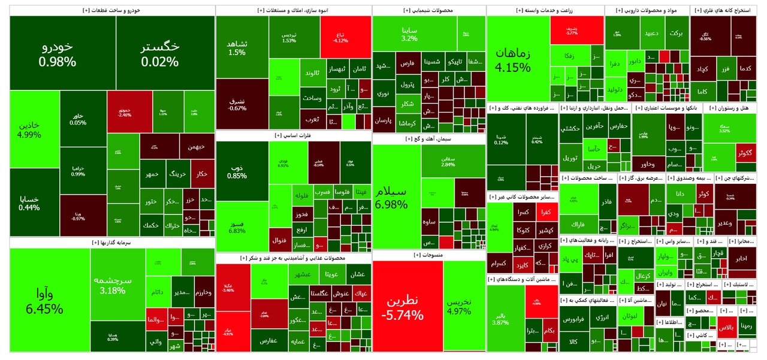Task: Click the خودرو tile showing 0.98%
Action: pyautogui.click(x=58, y=54)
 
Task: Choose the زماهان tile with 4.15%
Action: pyautogui.click(x=512, y=60)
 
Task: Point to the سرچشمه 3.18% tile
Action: pyautogui.click(x=112, y=285)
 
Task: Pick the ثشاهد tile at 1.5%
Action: pyautogui.click(x=237, y=48)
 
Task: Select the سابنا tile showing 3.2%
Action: pyautogui.click(x=410, y=34)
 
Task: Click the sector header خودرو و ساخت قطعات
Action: pyautogui.click(x=113, y=11)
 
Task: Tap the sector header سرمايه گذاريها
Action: pyautogui.click(x=113, y=243)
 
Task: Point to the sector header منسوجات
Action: pyautogui.click(x=428, y=255)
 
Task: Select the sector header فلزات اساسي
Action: pyautogui.click(x=294, y=136)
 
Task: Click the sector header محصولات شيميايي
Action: pyautogui.click(x=429, y=11)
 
